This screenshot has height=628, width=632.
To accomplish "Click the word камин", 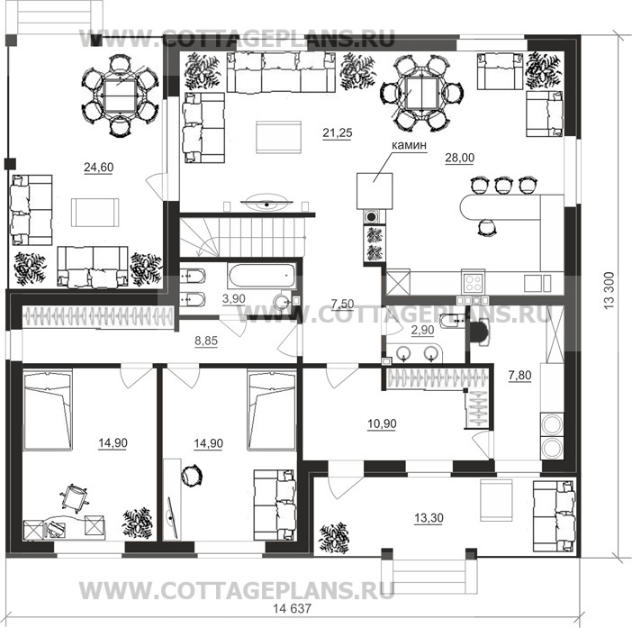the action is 409,145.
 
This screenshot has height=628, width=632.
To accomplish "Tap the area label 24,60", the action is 99,167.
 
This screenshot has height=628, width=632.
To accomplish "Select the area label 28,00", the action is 459,158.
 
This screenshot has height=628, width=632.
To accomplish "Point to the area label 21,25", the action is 338,132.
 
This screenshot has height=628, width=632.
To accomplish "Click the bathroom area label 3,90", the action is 234,299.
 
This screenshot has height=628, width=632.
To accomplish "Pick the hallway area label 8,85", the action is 206,341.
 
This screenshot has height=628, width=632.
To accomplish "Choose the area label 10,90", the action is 382,423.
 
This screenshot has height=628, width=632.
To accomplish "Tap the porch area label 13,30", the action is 429,517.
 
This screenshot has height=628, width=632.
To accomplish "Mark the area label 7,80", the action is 520,376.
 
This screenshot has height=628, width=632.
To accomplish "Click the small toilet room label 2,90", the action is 422,331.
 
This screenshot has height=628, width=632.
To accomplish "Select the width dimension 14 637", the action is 293,608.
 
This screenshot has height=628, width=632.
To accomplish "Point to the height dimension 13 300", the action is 609,290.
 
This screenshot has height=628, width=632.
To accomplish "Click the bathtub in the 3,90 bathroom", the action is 262,276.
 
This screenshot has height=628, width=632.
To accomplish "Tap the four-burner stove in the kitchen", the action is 473,283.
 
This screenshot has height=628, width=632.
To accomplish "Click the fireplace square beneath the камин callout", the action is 375,191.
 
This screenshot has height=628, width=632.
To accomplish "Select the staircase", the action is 241,237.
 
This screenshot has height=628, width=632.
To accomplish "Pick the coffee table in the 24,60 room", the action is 95,212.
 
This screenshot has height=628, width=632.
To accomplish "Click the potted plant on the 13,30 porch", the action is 334,538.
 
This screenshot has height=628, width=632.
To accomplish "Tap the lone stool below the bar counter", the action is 486,227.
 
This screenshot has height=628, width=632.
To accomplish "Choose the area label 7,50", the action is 342,305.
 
